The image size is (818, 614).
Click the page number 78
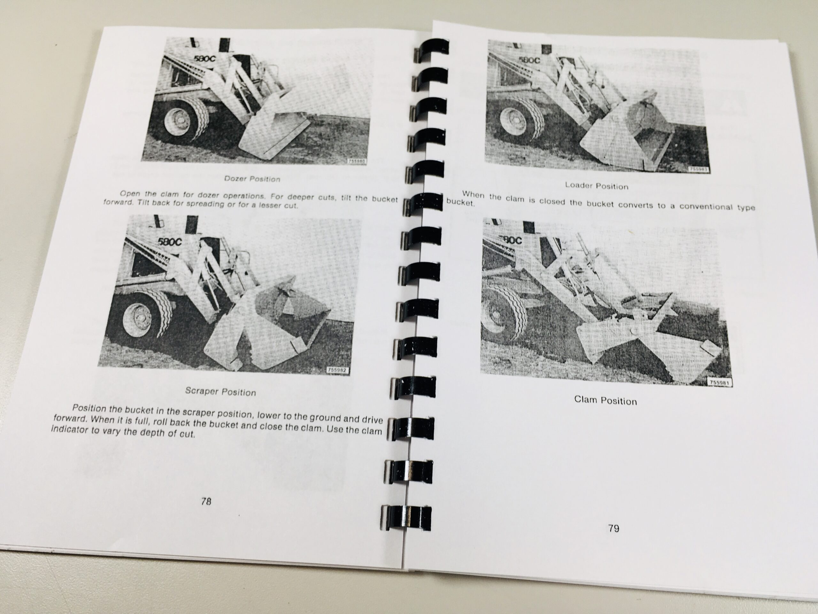tap(206, 501)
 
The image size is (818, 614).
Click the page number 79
tap(613, 528)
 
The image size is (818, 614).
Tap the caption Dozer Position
tap(252, 179)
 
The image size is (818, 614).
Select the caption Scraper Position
tap(220, 391)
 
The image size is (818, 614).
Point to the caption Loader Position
tap(597, 185)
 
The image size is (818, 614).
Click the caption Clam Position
tap(606, 400)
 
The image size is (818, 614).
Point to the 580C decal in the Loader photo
tap(529, 59)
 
